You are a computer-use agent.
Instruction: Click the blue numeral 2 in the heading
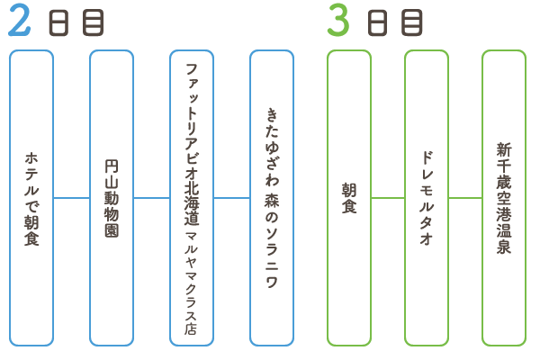19,22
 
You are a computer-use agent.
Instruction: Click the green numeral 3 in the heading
337,22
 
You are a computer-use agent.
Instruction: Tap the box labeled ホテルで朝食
31,198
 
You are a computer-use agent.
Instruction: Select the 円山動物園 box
112,198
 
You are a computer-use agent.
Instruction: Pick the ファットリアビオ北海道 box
192,198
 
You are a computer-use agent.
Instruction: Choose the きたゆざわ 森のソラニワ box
272,198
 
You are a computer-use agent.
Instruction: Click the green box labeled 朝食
349,198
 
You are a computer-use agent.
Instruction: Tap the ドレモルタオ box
427,198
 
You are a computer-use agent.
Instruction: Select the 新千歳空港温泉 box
504,198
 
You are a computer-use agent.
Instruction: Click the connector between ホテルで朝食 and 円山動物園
71,198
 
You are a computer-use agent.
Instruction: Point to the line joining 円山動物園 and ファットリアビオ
151,198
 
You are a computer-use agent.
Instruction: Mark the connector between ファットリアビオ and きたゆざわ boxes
231,198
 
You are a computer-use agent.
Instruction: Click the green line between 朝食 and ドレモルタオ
388,198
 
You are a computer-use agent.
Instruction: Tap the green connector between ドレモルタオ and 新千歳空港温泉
465,198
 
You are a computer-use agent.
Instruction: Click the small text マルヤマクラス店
191,282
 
